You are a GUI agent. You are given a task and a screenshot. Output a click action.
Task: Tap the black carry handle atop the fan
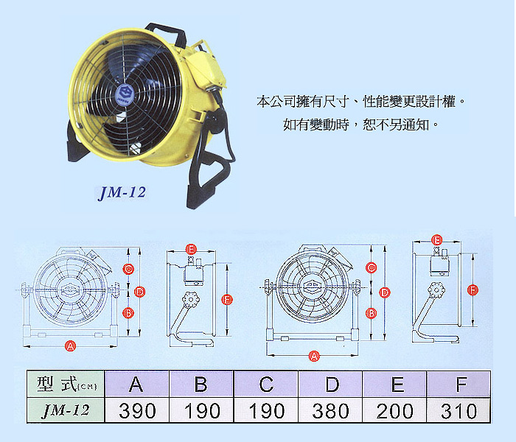pos(166,32)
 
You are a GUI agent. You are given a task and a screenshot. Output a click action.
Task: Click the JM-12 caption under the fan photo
pos(122,192)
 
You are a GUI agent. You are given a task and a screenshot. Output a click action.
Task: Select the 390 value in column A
pos(137,411)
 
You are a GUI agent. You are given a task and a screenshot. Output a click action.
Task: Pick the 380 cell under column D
pos(330,411)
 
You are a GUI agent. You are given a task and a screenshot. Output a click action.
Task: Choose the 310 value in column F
pos(459,411)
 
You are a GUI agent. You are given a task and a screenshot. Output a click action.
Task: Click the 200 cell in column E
pos(394,411)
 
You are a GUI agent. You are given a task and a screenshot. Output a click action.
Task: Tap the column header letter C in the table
pos(266,384)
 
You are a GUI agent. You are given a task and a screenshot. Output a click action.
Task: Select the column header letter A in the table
pos(136,384)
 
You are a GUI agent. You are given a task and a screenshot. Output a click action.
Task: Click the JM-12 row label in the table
pos(66,411)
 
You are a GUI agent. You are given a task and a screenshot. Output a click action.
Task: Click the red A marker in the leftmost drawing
pos(71,346)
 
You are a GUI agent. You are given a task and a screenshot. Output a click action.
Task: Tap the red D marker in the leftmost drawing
pos(140,292)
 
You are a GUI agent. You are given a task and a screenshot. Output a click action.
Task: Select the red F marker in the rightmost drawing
pos(473,290)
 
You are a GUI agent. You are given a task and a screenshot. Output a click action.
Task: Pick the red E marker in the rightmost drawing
pos(436,240)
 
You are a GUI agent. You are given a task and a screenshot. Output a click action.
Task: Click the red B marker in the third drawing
pos(372,313)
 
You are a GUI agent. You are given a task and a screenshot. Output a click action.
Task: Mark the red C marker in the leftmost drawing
pos(128,270)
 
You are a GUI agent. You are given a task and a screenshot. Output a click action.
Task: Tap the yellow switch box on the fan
pos(207,70)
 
